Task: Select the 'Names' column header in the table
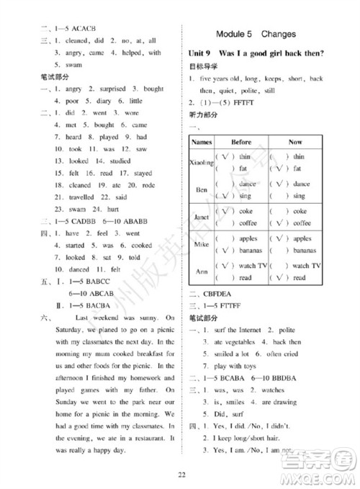coord(202,142)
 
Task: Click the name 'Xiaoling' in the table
coord(202,162)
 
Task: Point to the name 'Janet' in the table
coord(202,217)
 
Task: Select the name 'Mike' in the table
coord(202,244)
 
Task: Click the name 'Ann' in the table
coord(202,272)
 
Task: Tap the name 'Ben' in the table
coord(202,189)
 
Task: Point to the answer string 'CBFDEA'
coord(221,294)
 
